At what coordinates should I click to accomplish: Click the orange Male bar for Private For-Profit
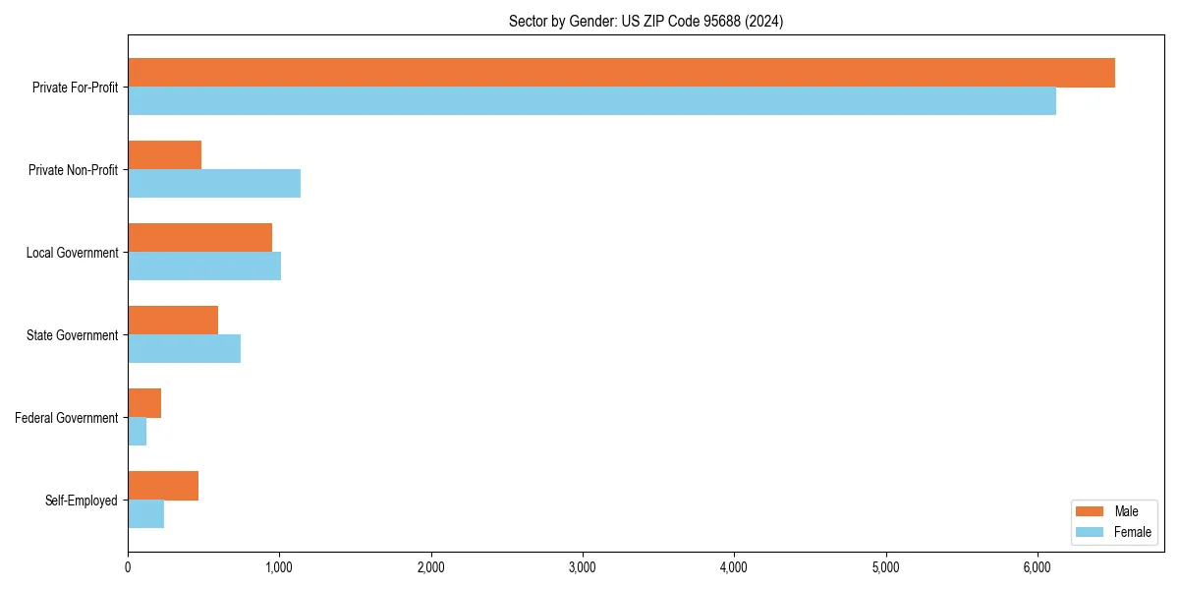coord(621,73)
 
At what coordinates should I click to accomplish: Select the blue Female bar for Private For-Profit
coord(591,101)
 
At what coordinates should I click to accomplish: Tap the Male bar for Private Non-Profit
coord(164,155)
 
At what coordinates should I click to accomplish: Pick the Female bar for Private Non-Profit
coord(214,184)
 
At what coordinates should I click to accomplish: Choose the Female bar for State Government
coord(184,349)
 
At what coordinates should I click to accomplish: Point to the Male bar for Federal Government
coord(144,403)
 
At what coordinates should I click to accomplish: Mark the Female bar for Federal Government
coord(137,432)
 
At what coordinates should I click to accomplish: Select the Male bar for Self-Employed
coord(163,486)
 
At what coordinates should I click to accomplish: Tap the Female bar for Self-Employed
coord(145,514)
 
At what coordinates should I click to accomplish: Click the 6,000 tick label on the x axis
coord(1038,567)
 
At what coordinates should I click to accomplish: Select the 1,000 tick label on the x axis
coord(279,567)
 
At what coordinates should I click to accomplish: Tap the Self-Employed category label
coord(82,501)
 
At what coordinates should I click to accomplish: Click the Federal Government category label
coord(67,418)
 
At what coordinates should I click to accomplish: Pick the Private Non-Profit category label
coord(74,170)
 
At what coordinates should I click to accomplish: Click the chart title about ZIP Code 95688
coord(646,21)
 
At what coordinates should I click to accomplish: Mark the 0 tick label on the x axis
coord(128,567)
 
